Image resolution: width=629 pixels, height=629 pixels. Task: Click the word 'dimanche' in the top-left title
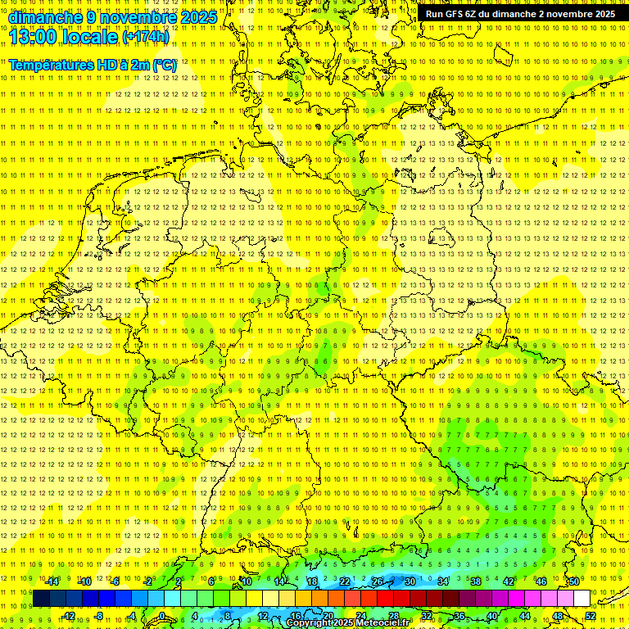click(44, 17)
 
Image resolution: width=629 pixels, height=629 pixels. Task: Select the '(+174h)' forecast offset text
click(146, 37)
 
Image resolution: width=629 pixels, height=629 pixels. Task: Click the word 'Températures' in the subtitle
click(52, 65)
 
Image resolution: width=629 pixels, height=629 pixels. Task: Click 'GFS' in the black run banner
click(456, 14)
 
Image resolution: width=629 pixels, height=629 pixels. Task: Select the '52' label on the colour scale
click(591, 616)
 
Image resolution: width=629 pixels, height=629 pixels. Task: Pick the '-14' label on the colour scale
click(52, 581)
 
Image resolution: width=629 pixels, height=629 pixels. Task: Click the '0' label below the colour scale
click(162, 616)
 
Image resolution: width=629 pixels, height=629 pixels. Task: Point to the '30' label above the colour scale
click(410, 581)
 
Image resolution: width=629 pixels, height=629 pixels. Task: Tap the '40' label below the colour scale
click(492, 616)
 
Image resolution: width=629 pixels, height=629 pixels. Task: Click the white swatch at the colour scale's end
click(581, 599)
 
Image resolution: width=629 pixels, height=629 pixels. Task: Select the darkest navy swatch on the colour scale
click(41, 599)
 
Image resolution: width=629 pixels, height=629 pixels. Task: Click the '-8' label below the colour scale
click(99, 616)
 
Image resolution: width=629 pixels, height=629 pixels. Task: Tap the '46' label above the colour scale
click(541, 581)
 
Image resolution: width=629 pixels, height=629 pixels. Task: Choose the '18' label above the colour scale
click(312, 581)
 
